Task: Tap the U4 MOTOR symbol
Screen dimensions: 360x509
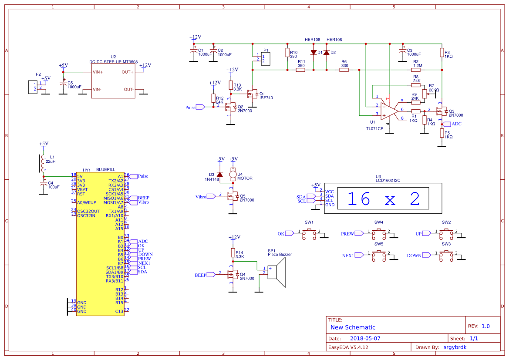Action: (x=233, y=175)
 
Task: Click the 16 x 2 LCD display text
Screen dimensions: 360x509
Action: (x=384, y=199)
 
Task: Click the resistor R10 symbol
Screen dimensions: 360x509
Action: (x=287, y=53)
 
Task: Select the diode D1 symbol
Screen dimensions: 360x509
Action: (x=313, y=53)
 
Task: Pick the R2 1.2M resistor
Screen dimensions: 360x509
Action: (x=416, y=70)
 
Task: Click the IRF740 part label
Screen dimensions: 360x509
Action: (x=266, y=98)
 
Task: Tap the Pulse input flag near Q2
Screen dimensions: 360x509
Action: (x=200, y=107)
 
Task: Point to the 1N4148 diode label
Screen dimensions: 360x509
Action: (x=212, y=179)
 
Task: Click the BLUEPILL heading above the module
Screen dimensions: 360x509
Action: (x=106, y=170)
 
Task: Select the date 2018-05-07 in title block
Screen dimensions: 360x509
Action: (x=365, y=338)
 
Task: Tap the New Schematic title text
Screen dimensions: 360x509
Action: (x=353, y=327)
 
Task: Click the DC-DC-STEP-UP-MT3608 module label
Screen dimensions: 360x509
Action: (x=113, y=62)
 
